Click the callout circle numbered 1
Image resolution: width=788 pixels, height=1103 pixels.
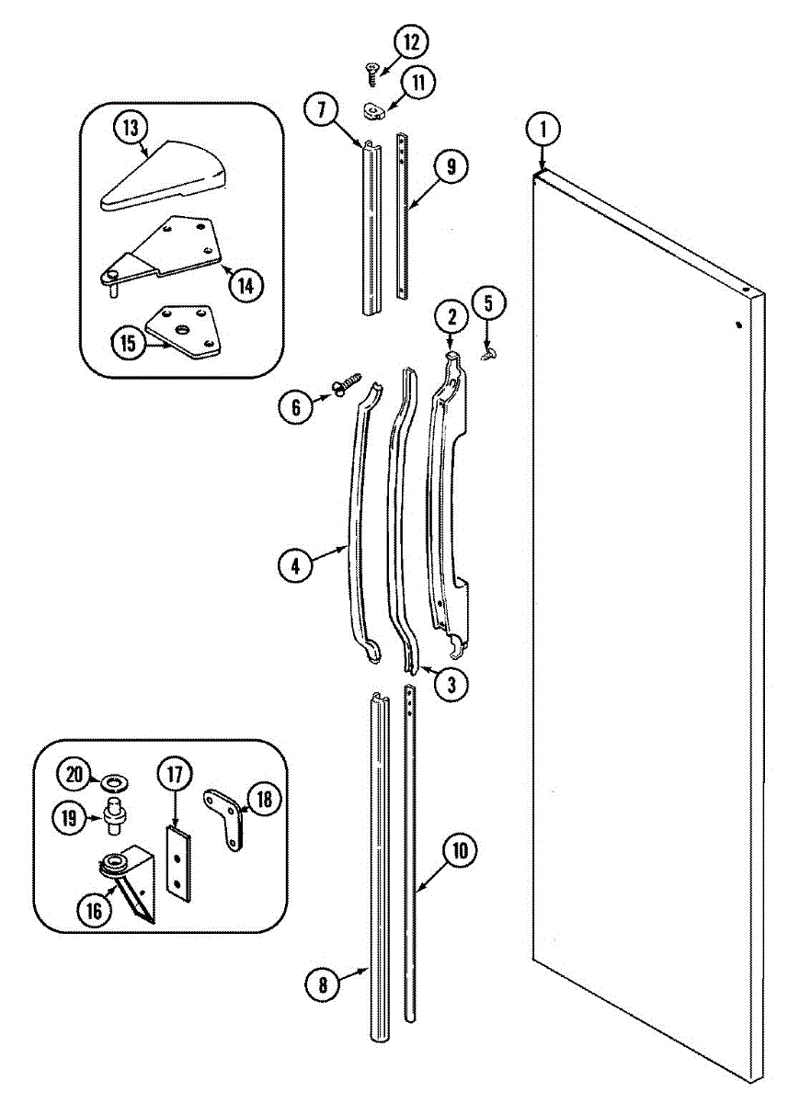[543, 130]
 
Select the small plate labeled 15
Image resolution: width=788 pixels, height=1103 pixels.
[187, 330]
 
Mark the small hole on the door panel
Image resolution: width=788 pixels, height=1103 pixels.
[738, 324]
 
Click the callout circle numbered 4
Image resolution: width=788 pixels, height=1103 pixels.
[296, 567]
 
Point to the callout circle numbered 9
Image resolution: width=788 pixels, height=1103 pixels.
[451, 167]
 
